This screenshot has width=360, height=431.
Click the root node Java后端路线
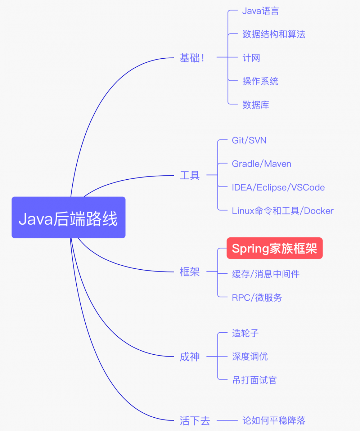point(68,217)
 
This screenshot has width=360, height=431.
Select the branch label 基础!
point(192,58)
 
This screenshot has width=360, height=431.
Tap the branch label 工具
point(190,176)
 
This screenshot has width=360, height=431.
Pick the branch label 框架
point(190,272)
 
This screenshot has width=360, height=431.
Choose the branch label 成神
point(190,357)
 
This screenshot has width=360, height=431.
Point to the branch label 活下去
point(195,420)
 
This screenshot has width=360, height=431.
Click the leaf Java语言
point(260,11)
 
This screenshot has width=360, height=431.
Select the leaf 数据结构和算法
point(274,35)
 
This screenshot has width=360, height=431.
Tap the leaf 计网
point(251,58)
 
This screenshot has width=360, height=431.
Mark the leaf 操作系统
point(260,81)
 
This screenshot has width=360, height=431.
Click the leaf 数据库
point(256,105)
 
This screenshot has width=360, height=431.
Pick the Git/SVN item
point(249,140)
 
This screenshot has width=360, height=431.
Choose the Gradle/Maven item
point(261,164)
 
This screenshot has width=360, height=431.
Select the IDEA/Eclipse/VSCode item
point(278,188)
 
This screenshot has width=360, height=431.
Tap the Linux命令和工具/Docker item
point(283,211)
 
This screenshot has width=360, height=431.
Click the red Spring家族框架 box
point(274,248)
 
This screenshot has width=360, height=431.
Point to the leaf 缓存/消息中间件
point(266,274)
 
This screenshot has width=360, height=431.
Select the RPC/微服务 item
point(257,298)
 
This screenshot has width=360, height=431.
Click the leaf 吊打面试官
point(254,380)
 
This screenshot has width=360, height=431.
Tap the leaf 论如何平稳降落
point(274,420)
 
